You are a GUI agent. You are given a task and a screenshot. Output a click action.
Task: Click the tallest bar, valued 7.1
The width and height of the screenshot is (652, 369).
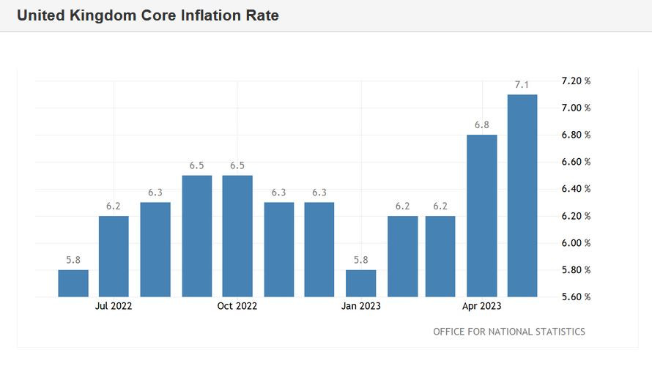coord(522,195)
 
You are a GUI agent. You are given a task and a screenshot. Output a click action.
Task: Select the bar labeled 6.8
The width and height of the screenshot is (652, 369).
coord(481,215)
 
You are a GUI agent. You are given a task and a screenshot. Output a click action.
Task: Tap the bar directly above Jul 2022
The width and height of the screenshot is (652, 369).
coord(114,256)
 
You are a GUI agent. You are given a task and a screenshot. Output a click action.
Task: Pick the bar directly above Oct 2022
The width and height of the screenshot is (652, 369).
coord(237,236)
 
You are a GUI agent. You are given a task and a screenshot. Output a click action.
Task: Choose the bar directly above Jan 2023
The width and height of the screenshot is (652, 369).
coord(361,283)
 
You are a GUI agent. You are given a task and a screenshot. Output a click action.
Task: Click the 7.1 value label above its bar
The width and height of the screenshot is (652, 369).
coord(522,85)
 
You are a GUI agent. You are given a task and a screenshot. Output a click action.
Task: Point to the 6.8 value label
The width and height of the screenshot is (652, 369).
coord(481,125)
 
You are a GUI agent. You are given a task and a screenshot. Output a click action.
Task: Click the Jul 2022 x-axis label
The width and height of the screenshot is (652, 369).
coord(114,306)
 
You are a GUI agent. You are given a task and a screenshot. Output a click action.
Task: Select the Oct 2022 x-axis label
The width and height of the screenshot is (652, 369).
coord(237,306)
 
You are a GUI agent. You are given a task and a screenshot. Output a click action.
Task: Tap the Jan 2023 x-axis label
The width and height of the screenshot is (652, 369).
coord(361,306)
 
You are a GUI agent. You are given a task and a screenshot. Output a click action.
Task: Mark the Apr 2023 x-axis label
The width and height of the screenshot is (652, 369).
coord(481,306)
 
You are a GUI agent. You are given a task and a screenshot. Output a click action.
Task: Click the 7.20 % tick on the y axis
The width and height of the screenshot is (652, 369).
coord(575,81)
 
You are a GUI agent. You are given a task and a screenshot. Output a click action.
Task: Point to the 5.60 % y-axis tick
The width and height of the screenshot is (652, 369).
coord(575,297)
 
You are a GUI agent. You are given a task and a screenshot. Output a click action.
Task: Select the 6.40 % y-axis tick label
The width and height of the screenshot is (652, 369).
coord(575,189)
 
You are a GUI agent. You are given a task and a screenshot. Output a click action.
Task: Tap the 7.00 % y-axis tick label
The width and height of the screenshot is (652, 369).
coord(575,108)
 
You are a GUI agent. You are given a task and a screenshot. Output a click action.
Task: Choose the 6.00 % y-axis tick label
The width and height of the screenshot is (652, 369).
coord(575,243)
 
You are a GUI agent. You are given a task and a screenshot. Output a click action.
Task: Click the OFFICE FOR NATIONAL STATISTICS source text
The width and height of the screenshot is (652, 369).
coord(509,332)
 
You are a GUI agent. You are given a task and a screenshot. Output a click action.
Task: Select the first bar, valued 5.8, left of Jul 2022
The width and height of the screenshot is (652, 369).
coord(73,283)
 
